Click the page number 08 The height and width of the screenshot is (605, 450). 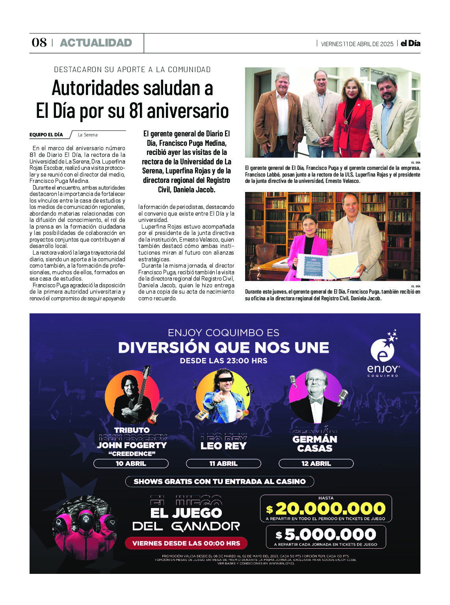coord(39,43)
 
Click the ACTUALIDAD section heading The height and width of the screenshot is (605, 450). coord(96,43)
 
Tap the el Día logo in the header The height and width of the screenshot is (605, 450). coord(410,43)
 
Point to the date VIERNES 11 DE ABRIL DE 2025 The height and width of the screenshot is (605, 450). coord(357,44)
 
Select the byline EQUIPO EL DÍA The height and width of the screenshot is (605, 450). coord(46,135)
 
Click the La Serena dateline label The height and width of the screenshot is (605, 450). coord(87,135)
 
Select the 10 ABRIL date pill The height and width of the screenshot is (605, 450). coord(131,464)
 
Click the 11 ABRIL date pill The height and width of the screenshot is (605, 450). coord(223,464)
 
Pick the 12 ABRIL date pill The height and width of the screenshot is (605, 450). coord(316,464)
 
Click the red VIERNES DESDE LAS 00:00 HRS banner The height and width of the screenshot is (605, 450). coord(186,543)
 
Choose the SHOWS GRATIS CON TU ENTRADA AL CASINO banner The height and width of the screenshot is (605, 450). coord(219,481)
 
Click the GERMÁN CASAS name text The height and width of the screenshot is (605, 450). coord(315,443)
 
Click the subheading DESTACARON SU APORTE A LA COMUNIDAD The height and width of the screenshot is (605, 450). coord(132,70)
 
